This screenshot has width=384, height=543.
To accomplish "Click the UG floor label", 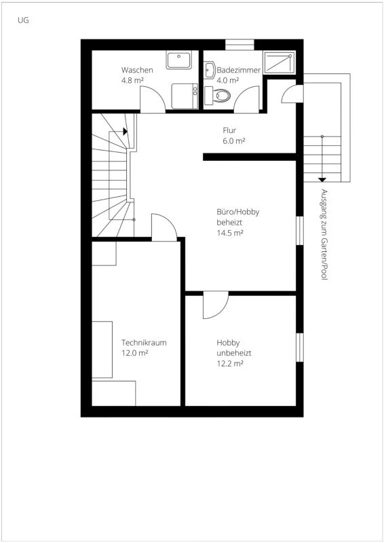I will pos(23,20).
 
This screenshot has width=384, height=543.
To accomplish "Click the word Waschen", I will pos(137,70).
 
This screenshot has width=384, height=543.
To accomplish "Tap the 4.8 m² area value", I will pos(132,80).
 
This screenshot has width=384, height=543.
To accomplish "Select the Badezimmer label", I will pos(239,70).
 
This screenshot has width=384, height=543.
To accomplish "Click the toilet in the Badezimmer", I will pos(221,95).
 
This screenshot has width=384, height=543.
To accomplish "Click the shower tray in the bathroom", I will pos(280,62).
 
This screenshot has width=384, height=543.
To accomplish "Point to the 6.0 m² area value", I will pos(233,141).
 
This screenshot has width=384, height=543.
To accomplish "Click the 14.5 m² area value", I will pos(230,232).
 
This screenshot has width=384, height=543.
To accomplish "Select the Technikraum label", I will pos(144,343).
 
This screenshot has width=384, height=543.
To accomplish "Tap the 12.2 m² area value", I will pos(230,363).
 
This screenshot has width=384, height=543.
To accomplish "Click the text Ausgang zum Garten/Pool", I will pos(324,234).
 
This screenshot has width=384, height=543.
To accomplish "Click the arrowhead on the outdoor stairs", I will pos(322,179).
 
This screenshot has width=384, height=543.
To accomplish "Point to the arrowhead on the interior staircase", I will pos(126,132).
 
